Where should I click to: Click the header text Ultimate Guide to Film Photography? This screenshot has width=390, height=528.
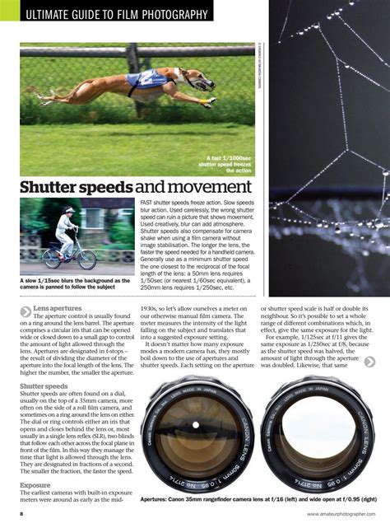click(x=116, y=15)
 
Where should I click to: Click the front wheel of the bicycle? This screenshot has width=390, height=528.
click(x=86, y=259)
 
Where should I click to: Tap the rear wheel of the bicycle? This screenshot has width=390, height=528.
click(x=52, y=257)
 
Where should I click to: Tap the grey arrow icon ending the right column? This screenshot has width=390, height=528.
click(x=370, y=362)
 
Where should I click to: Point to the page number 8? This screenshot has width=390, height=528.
click(x=22, y=514)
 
